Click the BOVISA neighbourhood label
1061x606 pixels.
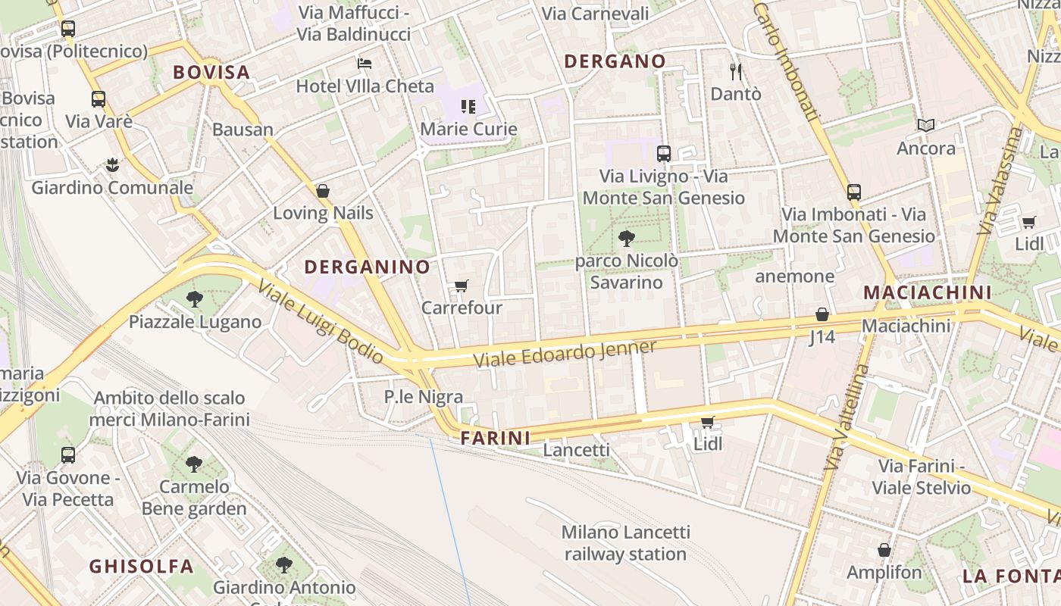click(x=211, y=72)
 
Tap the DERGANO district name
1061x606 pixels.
click(x=615, y=61)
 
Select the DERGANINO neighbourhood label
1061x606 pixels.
click(x=367, y=267)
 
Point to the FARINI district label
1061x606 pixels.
click(x=496, y=438)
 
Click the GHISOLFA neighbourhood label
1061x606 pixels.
click(x=141, y=566)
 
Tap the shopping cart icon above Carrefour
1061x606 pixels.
click(x=461, y=286)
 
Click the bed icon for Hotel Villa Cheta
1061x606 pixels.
click(x=365, y=63)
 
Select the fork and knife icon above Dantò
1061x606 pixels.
click(x=735, y=71)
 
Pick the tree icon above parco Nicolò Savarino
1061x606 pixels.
click(x=626, y=239)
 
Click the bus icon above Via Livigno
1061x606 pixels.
click(x=664, y=154)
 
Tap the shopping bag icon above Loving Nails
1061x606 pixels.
click(x=323, y=191)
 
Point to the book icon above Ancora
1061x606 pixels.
click(x=925, y=125)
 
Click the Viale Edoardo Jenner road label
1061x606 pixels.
click(x=565, y=354)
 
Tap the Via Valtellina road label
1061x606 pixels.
click(x=848, y=417)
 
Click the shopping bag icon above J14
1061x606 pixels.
click(x=822, y=314)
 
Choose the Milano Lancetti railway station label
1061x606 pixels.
click(x=625, y=543)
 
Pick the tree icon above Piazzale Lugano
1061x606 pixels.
click(x=195, y=299)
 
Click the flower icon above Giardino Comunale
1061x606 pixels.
click(x=112, y=164)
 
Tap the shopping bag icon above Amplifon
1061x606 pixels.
click(x=884, y=550)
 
